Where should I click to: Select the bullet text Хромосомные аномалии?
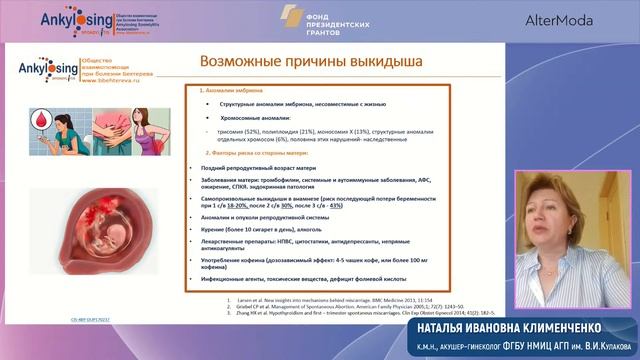pyautogui.click(x=255, y=118)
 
